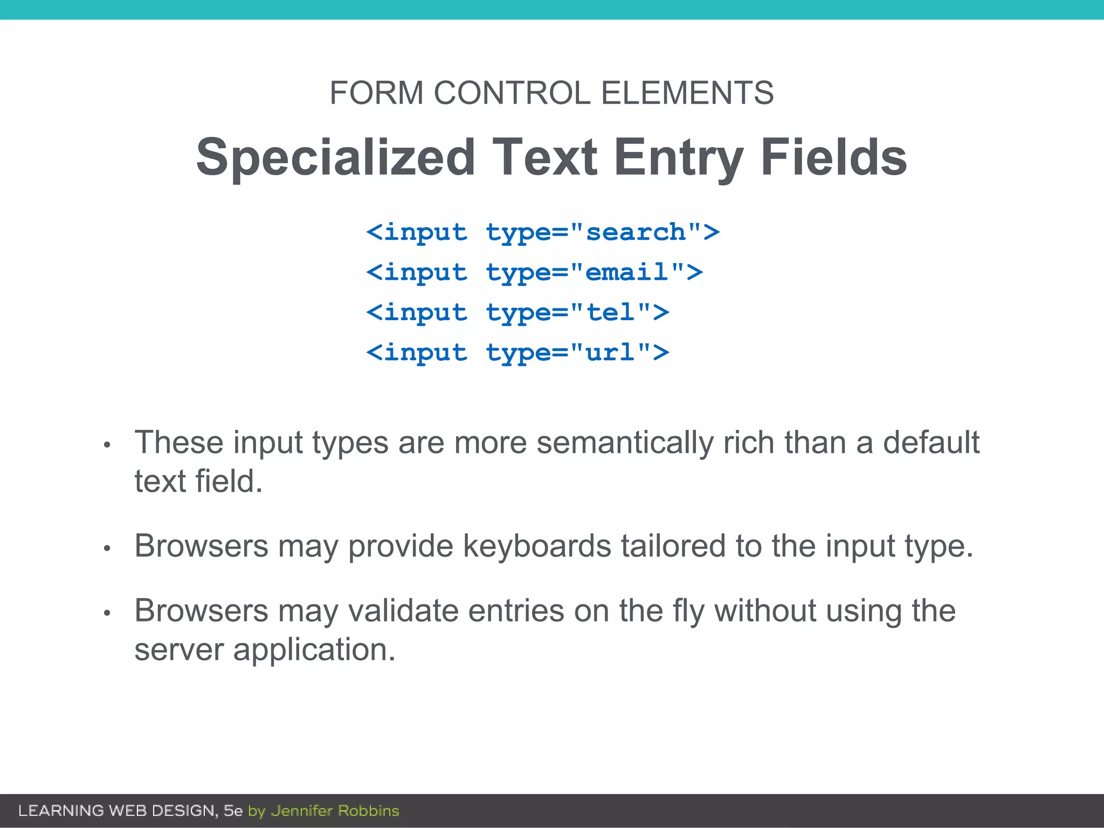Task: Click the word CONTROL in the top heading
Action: [x=512, y=93]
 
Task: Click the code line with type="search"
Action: [x=543, y=233]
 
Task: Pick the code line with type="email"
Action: [x=534, y=273]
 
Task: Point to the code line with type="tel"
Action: [x=517, y=313]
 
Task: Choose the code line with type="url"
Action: [x=517, y=353]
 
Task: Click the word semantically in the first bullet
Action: [x=625, y=443]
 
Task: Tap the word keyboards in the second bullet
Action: [x=537, y=546]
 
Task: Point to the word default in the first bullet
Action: [x=931, y=443]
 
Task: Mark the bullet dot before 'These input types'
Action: [x=107, y=445]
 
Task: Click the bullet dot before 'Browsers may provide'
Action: [x=107, y=549]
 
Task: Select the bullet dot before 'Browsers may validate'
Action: [x=107, y=613]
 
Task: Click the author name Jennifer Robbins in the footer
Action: [x=335, y=811]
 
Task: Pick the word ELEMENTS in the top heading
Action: [x=687, y=93]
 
